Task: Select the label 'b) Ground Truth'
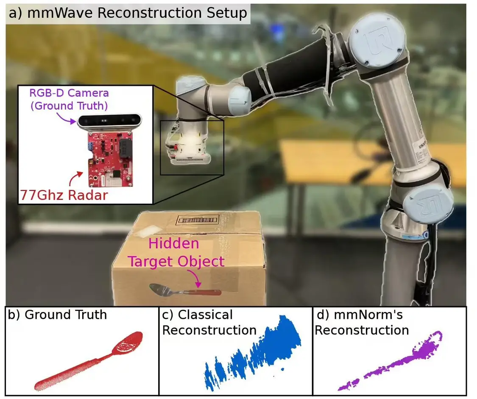[58, 314]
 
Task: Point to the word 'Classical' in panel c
[205, 315]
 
